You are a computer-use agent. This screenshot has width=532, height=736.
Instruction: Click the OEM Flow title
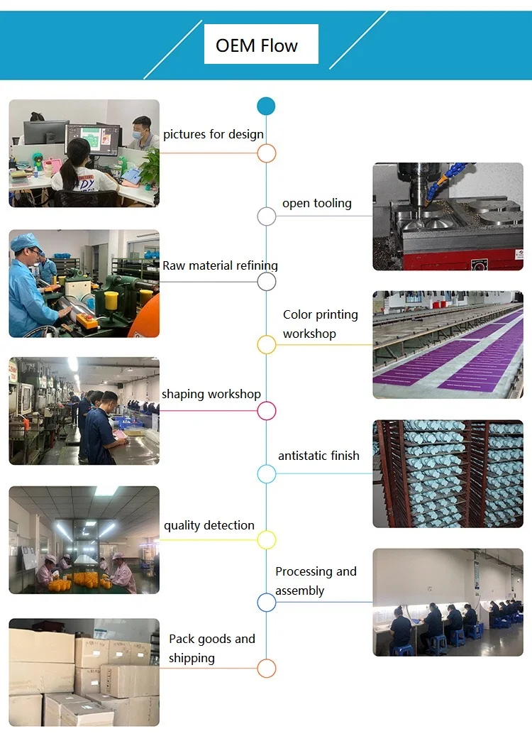[x=257, y=46]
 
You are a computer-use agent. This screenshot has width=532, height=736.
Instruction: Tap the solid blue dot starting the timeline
[x=266, y=106]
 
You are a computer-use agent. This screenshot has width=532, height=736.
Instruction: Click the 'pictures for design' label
[x=213, y=134]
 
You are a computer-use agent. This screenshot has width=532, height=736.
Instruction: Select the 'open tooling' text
[x=316, y=203]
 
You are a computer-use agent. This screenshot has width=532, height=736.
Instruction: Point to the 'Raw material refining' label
[x=220, y=265]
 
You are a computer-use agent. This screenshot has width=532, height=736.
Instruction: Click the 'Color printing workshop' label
[x=320, y=324]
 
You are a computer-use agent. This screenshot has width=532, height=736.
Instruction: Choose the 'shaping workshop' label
[x=211, y=394]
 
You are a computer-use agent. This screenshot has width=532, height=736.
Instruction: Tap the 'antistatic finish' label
[x=318, y=456]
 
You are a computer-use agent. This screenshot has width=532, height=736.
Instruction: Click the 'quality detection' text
[x=209, y=525]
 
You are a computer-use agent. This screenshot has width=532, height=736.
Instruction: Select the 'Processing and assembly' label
[x=316, y=581]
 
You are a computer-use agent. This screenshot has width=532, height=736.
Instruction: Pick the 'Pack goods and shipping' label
[x=211, y=648]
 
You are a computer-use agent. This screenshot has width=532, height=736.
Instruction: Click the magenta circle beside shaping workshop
[x=266, y=410]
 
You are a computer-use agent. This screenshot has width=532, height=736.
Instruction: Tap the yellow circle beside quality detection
[x=266, y=540]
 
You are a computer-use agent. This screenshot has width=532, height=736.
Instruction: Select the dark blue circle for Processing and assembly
[x=266, y=603]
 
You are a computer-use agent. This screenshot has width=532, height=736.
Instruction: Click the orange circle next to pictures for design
[x=266, y=153]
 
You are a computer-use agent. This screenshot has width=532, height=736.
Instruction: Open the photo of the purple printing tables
[x=448, y=344]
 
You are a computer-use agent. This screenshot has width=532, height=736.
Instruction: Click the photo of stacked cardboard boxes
[x=84, y=672]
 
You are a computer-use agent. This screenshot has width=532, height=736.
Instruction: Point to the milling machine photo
[x=448, y=216]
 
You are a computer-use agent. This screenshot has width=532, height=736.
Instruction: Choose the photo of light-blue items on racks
[x=448, y=473]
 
